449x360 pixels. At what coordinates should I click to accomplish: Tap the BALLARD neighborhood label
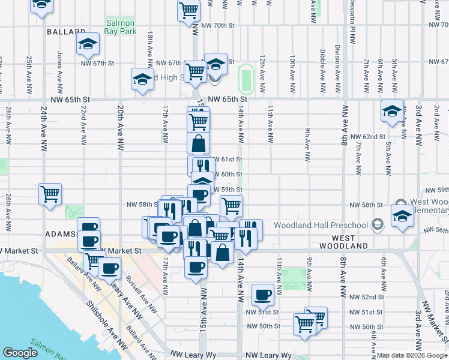(x=65, y=31)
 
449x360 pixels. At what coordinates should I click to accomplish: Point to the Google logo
(x=19, y=353)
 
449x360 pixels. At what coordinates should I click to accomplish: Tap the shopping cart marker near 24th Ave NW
(x=50, y=194)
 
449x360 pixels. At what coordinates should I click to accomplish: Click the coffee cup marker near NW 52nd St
(x=262, y=294)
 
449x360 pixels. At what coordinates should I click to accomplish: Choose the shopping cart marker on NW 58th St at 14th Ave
(x=231, y=206)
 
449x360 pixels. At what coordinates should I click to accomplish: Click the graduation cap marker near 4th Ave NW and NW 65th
(x=393, y=111)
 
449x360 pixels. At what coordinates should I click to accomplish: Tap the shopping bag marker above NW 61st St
(x=198, y=143)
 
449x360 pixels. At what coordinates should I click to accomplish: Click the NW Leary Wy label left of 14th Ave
(x=193, y=355)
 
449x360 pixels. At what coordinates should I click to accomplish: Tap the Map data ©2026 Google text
(x=412, y=355)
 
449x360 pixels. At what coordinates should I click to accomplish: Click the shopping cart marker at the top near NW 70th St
(x=188, y=10)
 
